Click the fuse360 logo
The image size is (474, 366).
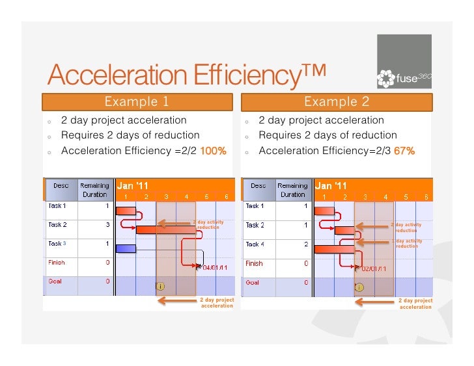tap(404, 62)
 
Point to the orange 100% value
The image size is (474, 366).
tap(213, 151)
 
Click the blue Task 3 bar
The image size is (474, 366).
tap(126, 248)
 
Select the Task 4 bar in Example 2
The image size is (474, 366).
tap(334, 248)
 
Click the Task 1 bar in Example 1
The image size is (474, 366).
tap(126, 211)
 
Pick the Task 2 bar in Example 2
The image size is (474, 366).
tap(344, 229)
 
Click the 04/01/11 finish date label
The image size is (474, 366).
tap(214, 267)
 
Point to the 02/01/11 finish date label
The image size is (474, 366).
tap(374, 268)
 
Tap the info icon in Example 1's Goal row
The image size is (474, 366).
tap(160, 285)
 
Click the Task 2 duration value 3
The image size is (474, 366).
tap(107, 225)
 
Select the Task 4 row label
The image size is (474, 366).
tap(255, 244)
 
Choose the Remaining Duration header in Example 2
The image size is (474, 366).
tap(292, 190)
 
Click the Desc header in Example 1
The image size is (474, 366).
tap(61, 185)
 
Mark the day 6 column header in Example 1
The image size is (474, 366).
tap(226, 196)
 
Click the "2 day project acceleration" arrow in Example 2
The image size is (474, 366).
tap(374, 300)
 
